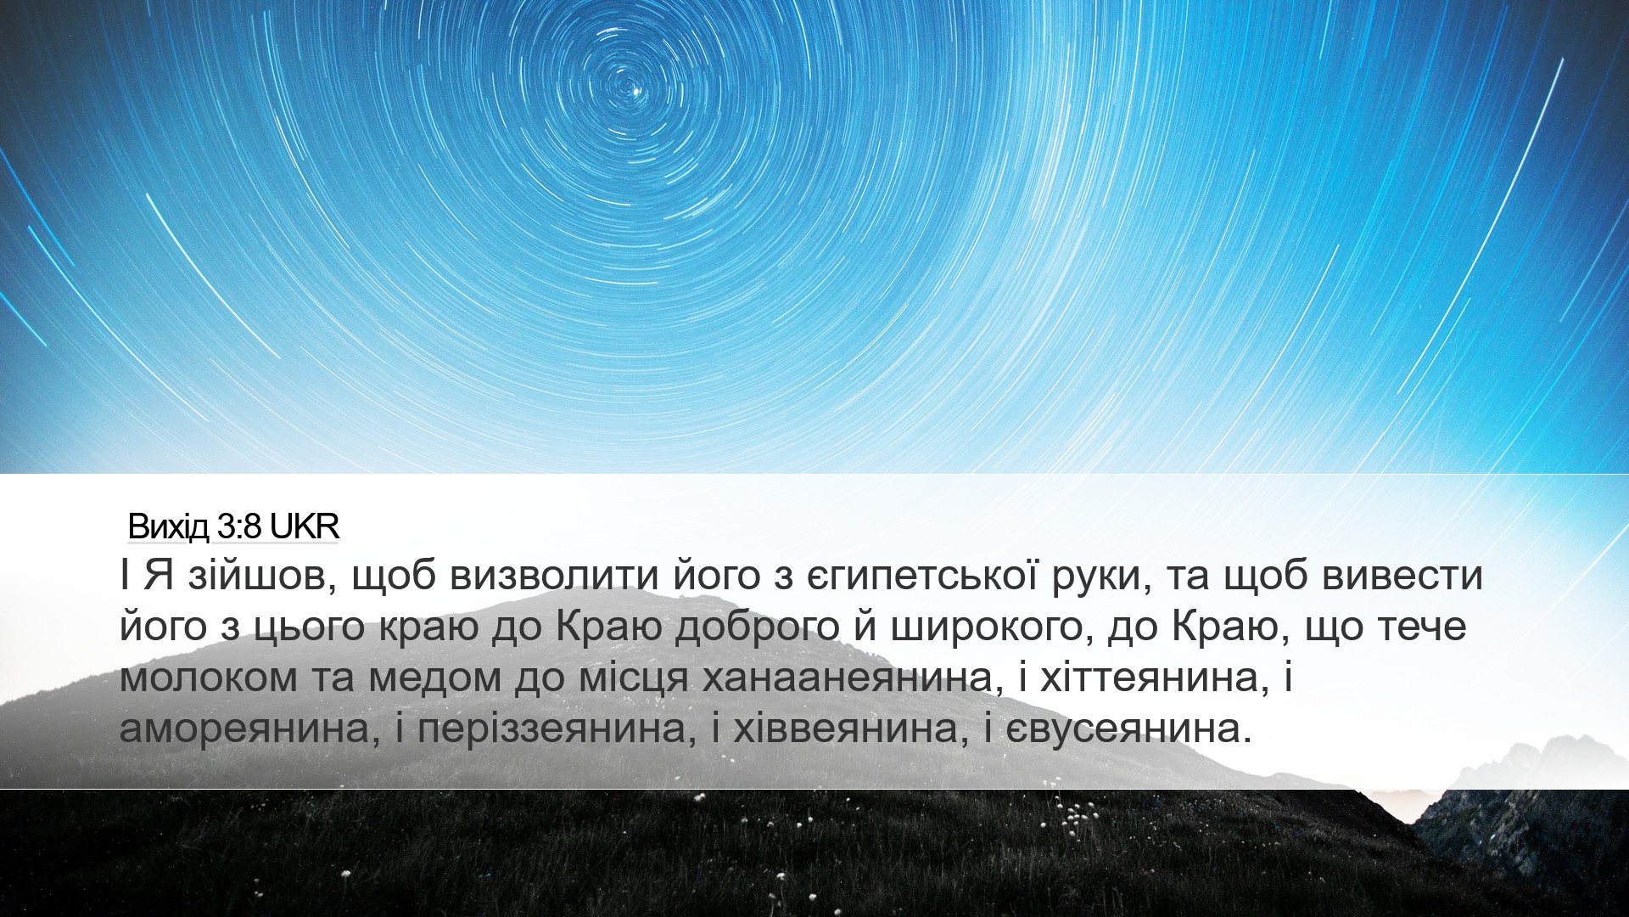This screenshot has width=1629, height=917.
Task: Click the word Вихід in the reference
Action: pos(168,527)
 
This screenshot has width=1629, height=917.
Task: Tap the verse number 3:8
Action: pos(240,527)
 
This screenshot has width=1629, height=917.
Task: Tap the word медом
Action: pos(434,678)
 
